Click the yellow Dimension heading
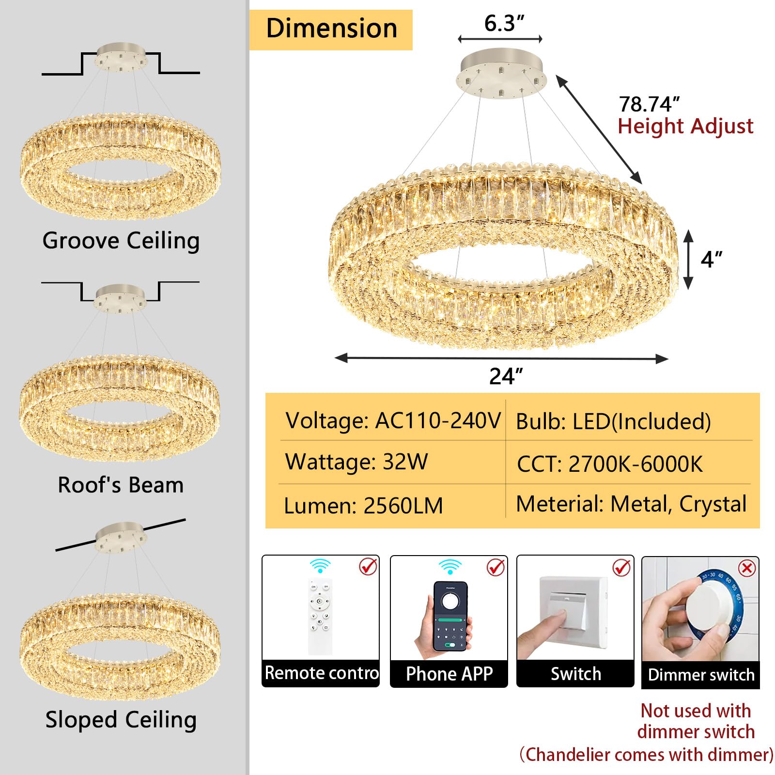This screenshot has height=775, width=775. point(331,29)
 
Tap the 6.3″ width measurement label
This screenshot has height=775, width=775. point(504,23)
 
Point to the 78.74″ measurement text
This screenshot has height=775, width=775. point(649,104)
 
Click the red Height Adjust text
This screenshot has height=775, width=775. point(685,126)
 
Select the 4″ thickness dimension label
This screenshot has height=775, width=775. point(711,260)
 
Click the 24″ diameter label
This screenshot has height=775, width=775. point(506,376)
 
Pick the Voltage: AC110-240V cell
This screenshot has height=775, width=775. point(393,420)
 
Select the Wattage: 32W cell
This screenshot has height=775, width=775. point(356,462)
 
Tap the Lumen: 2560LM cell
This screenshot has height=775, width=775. point(363,506)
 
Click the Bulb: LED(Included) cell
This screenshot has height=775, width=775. point(613,422)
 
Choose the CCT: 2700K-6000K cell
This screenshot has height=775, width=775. point(610,464)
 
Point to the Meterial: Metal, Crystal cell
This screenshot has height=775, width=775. point(631,504)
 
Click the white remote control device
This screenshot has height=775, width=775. point(320,617)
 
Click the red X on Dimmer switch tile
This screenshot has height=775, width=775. point(746,568)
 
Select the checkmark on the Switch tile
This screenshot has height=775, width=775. point(621,567)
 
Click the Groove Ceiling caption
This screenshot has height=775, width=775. point(121,241)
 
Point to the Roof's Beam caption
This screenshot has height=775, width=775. point(121,485)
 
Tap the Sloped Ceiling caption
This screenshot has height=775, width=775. point(121,720)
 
